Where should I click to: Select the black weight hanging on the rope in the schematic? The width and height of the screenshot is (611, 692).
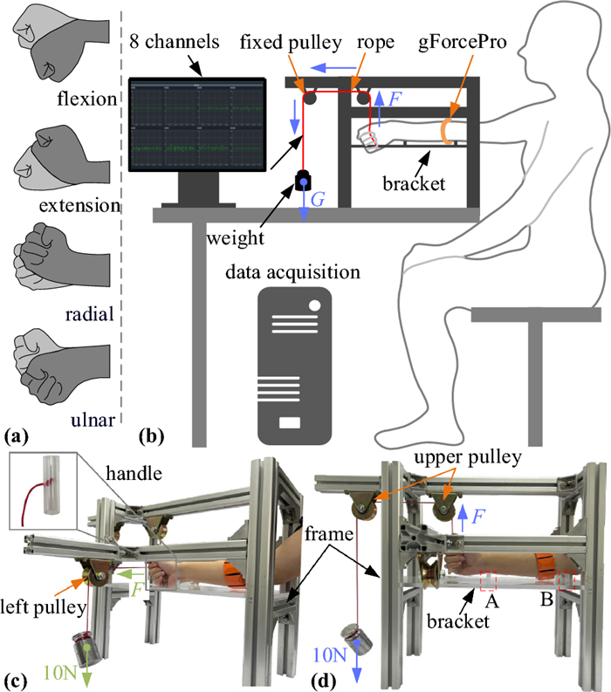[304, 182]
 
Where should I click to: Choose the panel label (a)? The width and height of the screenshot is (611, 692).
[19, 433]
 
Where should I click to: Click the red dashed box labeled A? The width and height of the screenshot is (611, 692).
[487, 581]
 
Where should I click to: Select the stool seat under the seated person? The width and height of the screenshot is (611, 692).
[535, 316]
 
